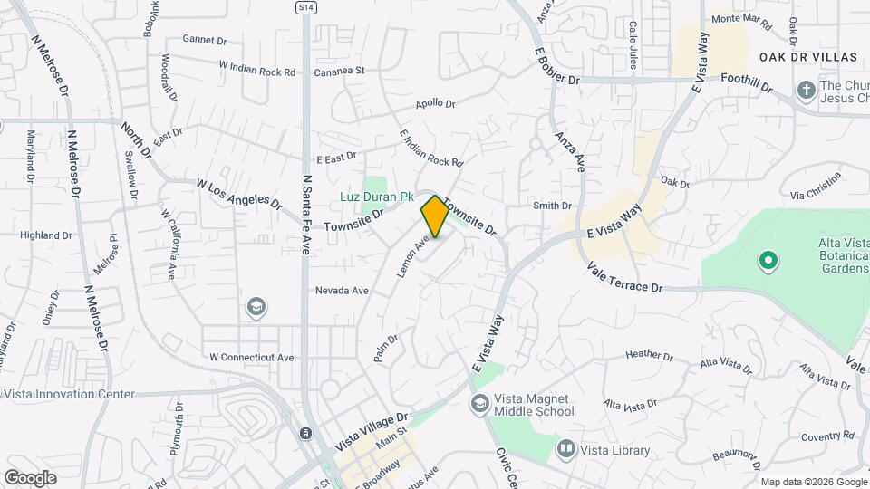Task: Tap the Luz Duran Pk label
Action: (x=377, y=197)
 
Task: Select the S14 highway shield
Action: (x=306, y=6)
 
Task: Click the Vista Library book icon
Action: (x=566, y=448)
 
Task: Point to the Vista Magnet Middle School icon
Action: (x=479, y=403)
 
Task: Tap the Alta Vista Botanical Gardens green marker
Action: (x=768, y=262)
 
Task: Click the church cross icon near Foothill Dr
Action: (x=806, y=90)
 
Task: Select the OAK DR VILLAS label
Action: (x=808, y=57)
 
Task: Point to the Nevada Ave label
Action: (x=342, y=291)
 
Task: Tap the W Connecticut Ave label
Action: (x=252, y=357)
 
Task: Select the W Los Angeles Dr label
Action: (x=233, y=191)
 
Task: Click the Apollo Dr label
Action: (x=435, y=104)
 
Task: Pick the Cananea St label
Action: (x=339, y=71)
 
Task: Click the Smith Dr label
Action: (x=552, y=206)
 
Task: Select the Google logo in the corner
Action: (x=30, y=477)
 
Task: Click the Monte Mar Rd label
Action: (x=741, y=19)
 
